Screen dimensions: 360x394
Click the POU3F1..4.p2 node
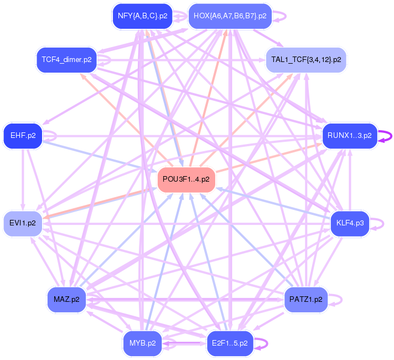coord(186,179)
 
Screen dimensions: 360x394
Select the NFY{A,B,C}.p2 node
coord(143,16)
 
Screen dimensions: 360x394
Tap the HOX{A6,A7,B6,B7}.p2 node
coord(230,16)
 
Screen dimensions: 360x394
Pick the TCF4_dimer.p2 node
coord(66,58)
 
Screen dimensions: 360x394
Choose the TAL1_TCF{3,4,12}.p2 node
coord(306,58)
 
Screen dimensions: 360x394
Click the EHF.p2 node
coord(23,135)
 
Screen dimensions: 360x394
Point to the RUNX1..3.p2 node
coord(349,135)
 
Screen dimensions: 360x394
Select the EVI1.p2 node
coord(23,223)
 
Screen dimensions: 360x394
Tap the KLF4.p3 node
coord(349,223)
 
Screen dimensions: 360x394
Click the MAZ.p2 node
coord(66,300)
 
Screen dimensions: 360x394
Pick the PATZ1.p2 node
coord(306,300)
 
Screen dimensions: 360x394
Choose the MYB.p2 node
coord(142,343)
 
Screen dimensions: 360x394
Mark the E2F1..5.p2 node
coord(230,343)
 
